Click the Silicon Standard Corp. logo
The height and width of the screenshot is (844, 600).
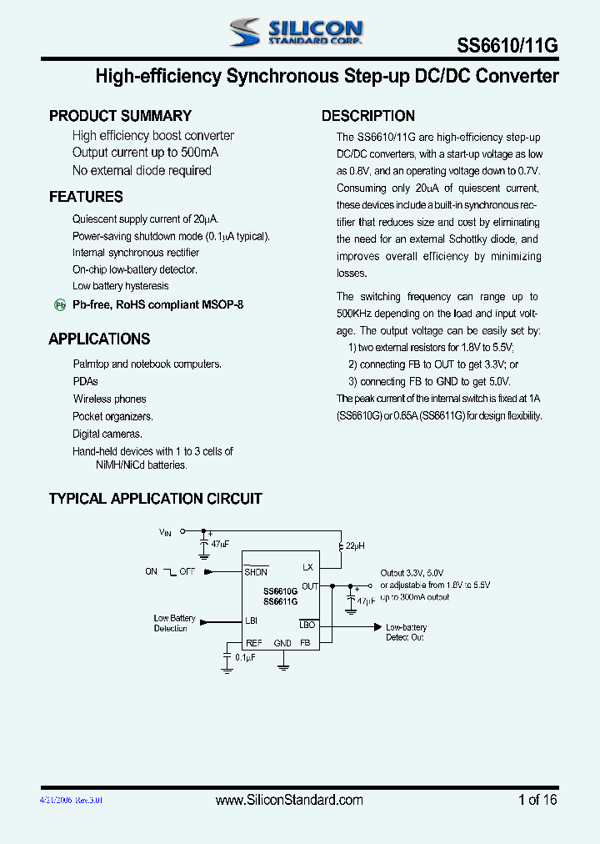point(296,32)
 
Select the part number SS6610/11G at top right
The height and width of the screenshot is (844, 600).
point(507,46)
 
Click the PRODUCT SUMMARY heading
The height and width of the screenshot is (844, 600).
point(120,116)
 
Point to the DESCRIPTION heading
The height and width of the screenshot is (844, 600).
point(368,116)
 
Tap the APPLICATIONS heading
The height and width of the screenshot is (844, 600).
point(99,339)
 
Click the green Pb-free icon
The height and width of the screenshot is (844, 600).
point(60,305)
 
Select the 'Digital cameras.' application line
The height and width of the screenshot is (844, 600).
point(107,434)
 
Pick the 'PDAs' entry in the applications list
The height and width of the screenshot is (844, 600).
point(85,381)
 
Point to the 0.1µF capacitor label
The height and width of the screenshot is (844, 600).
point(246,658)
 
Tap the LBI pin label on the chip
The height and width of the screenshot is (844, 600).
point(251,621)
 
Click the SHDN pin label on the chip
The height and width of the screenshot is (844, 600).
point(256,571)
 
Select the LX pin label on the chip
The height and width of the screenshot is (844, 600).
point(307,567)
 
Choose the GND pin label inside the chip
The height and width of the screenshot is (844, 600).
point(282,643)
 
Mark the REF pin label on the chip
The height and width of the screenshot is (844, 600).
point(253,643)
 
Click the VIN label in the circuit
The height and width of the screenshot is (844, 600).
point(165,531)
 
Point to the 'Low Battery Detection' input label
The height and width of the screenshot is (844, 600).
point(174,623)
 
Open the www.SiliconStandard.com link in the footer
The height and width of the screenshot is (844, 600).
point(289,800)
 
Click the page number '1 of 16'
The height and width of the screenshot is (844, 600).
point(537,800)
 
